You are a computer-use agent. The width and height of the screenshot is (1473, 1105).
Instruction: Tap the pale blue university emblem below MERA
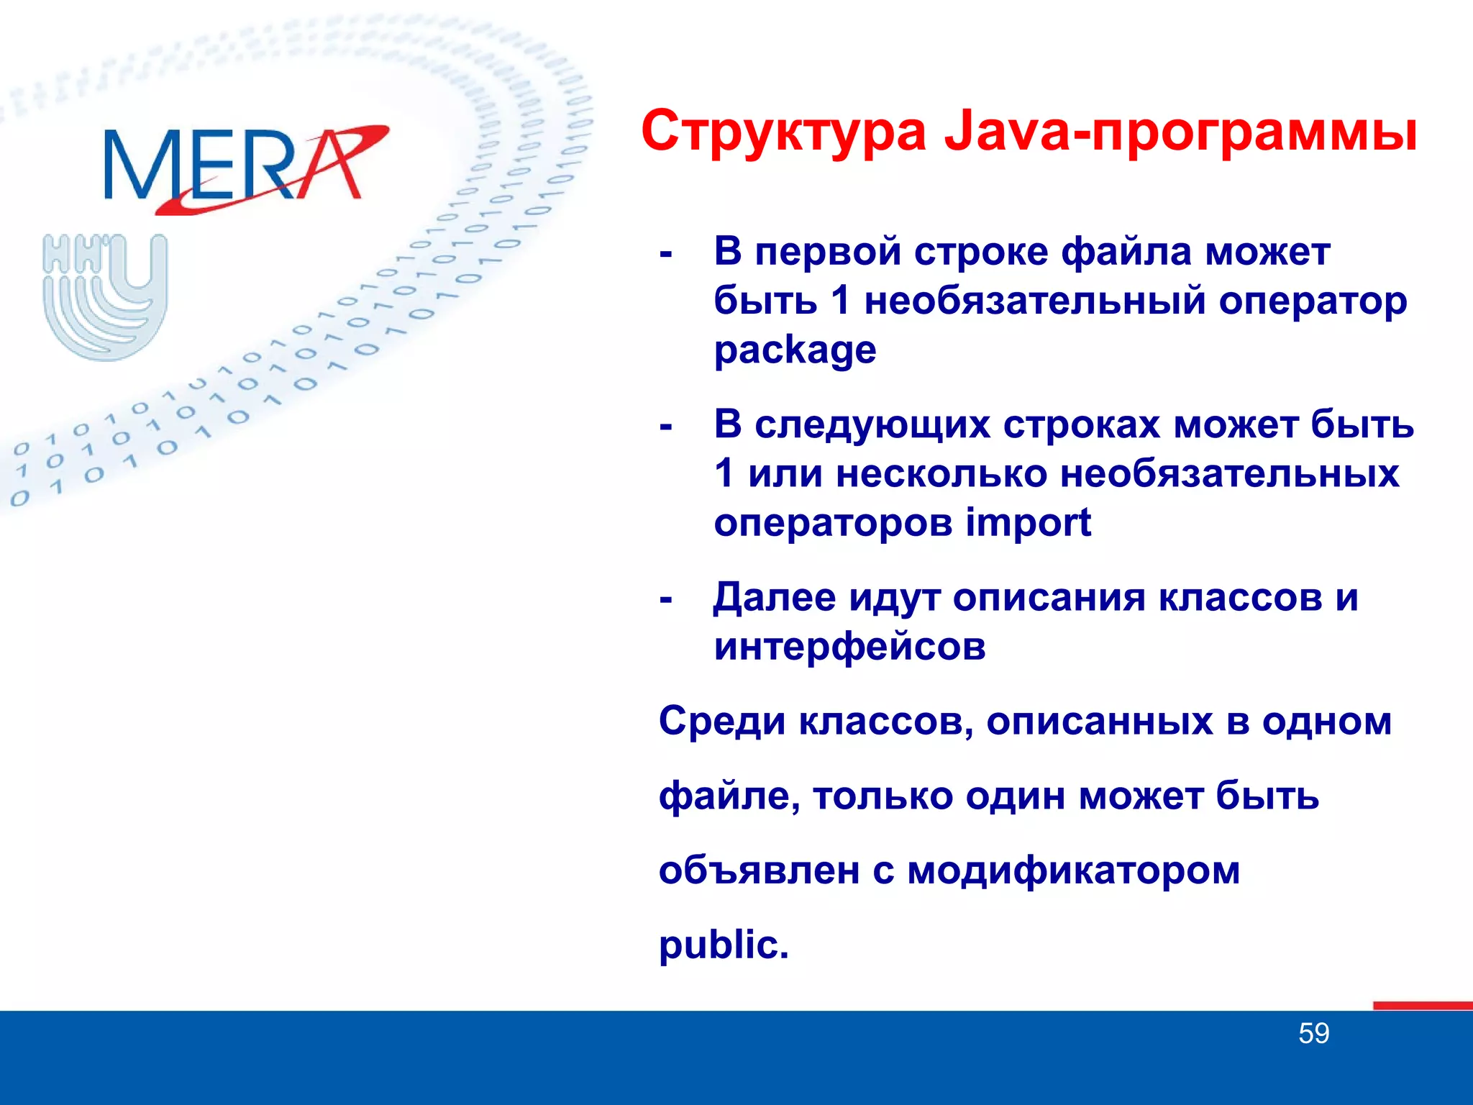point(105,296)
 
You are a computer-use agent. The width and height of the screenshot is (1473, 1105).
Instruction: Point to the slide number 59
point(1313,1034)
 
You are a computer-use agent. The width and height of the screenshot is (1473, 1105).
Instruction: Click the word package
point(795,350)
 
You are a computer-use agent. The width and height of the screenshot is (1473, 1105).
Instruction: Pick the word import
point(1028,522)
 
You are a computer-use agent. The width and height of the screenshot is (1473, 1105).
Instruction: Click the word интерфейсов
point(849,646)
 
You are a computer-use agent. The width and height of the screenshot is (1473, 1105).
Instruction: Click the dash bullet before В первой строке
point(666,255)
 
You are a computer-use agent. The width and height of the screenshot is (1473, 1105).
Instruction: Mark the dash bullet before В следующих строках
point(666,427)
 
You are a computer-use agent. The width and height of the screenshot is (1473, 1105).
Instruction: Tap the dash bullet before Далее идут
point(666,599)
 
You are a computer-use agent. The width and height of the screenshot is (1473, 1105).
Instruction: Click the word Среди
point(722,721)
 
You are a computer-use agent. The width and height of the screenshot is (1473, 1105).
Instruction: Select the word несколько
point(941,474)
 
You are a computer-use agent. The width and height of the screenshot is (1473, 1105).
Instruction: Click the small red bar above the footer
point(1422,1006)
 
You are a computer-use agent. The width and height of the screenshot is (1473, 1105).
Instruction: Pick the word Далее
point(774,598)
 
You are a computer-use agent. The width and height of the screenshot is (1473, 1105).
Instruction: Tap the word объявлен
point(759,870)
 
